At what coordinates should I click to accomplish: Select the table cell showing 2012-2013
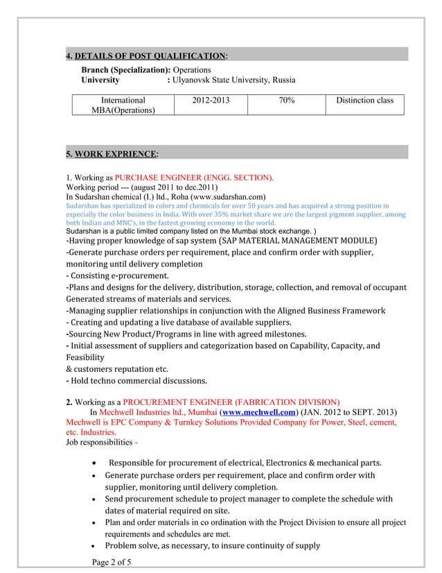(211, 101)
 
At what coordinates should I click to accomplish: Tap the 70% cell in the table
(285, 101)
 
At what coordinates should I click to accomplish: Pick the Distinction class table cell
(364, 101)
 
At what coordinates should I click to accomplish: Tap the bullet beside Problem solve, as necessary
(94, 546)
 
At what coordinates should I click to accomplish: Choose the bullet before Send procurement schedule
(94, 499)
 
